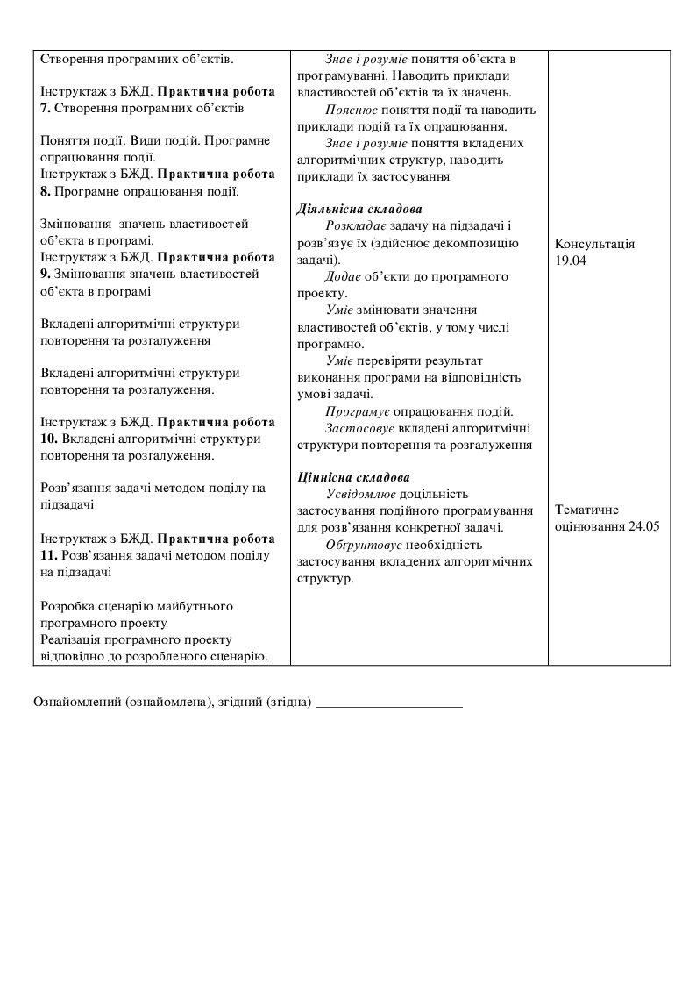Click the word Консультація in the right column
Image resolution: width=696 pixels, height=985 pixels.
click(594, 245)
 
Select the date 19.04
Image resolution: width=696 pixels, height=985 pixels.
click(570, 261)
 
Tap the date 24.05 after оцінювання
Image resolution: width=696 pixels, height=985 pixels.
click(643, 526)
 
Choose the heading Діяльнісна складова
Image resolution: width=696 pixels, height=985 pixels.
click(359, 210)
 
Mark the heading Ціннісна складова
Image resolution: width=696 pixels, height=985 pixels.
click(353, 478)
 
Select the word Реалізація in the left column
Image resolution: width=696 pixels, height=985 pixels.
click(70, 639)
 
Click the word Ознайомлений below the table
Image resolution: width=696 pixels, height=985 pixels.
click(77, 703)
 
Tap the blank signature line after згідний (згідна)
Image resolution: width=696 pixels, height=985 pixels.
click(388, 704)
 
